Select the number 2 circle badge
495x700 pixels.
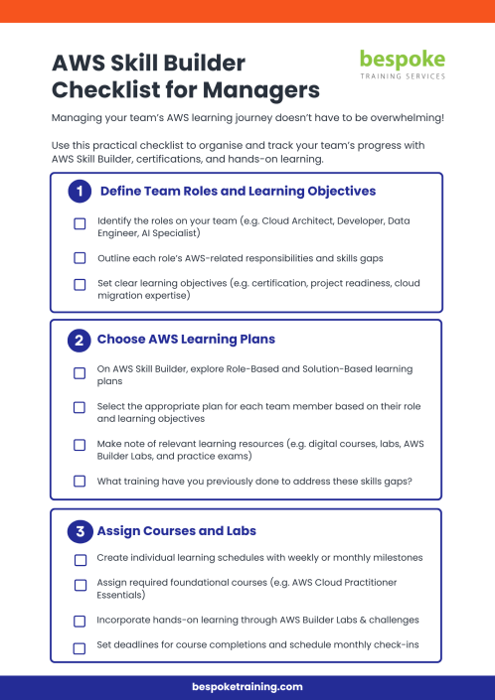tap(80, 341)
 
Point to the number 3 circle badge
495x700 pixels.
tap(80, 530)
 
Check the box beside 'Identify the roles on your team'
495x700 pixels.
tap(80, 224)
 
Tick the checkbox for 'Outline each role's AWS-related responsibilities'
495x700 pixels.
tap(80, 258)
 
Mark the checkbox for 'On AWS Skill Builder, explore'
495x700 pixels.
tap(80, 373)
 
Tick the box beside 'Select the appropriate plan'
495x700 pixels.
tap(80, 408)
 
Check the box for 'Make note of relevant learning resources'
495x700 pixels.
tap(80, 445)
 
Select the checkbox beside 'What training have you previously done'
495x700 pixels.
tap(80, 481)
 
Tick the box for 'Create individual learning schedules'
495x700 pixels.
tap(80, 559)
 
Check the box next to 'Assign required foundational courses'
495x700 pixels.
tap(80, 586)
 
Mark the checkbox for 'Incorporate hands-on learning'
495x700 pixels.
tap(80, 621)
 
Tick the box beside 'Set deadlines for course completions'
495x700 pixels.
tap(80, 648)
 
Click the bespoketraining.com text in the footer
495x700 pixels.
tap(247, 686)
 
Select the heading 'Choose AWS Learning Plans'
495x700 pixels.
tap(186, 340)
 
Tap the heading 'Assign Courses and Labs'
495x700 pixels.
tap(177, 530)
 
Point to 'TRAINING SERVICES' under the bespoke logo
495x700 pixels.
tap(403, 76)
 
